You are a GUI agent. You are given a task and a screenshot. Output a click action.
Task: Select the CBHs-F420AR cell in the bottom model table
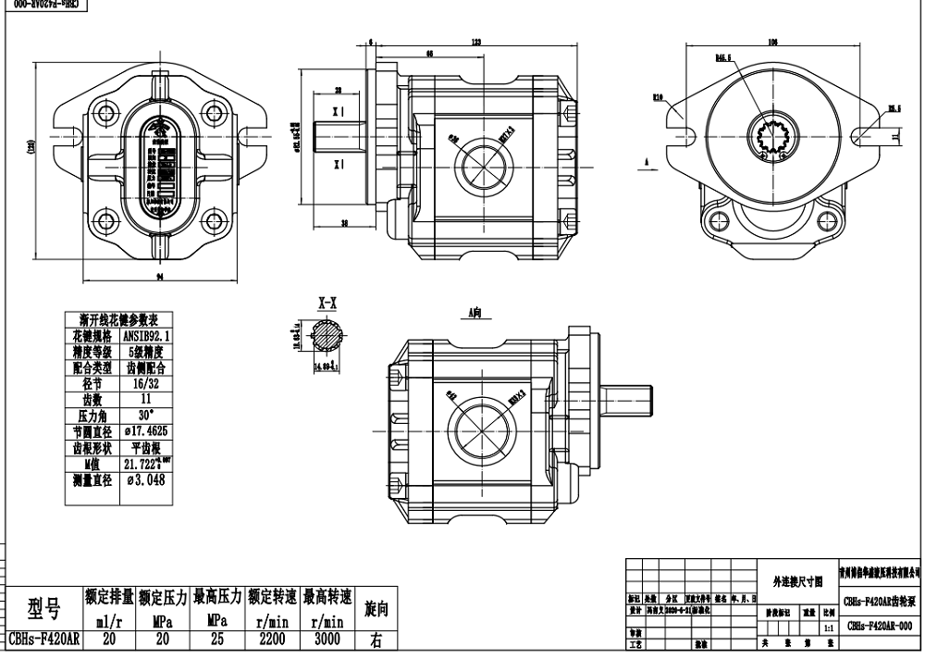[x=43, y=639]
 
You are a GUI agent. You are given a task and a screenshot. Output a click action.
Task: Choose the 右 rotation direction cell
[x=376, y=639]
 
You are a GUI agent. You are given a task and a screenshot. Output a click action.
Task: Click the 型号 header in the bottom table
[x=43, y=608]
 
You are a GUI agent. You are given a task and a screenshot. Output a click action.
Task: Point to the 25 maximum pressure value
[x=217, y=639]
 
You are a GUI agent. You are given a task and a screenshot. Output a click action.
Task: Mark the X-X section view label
[x=328, y=303]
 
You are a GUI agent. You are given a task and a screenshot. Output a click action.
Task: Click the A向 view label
[x=475, y=314]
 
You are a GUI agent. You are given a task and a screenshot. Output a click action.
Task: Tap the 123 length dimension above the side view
[x=475, y=42]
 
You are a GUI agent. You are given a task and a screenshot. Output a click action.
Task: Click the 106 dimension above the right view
[x=772, y=42]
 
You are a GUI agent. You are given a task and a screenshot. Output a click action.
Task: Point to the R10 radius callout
[x=659, y=95]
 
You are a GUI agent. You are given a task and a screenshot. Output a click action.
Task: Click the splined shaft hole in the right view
[x=771, y=138]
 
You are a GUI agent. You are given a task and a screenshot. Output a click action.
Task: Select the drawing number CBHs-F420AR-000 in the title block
[x=879, y=625]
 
